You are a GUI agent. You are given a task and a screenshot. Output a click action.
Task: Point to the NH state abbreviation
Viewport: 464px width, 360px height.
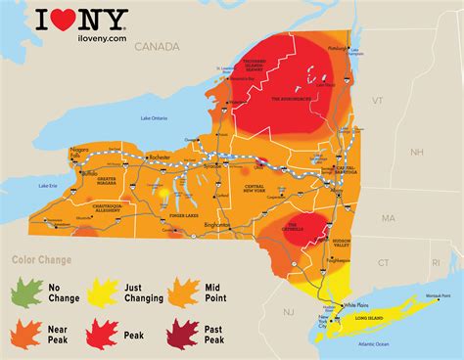[416, 152]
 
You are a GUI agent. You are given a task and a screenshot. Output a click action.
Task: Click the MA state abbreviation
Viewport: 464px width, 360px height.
[388, 217]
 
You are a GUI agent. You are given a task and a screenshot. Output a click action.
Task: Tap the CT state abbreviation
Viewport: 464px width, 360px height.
[383, 262]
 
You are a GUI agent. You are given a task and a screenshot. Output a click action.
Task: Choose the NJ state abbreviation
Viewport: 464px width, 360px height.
[288, 310]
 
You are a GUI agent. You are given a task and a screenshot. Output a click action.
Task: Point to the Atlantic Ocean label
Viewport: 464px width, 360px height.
[387, 344]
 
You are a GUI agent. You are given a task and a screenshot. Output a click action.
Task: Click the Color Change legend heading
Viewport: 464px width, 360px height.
[42, 260]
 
